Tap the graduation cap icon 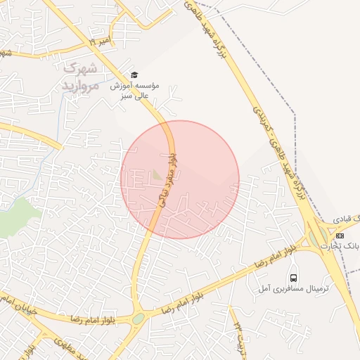pos(135,75)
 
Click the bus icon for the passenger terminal pos(292,277)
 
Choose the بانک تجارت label pos(340,246)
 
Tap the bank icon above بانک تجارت pos(340,236)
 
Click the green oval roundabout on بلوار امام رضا pos(138,319)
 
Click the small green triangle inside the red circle pos(157,173)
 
